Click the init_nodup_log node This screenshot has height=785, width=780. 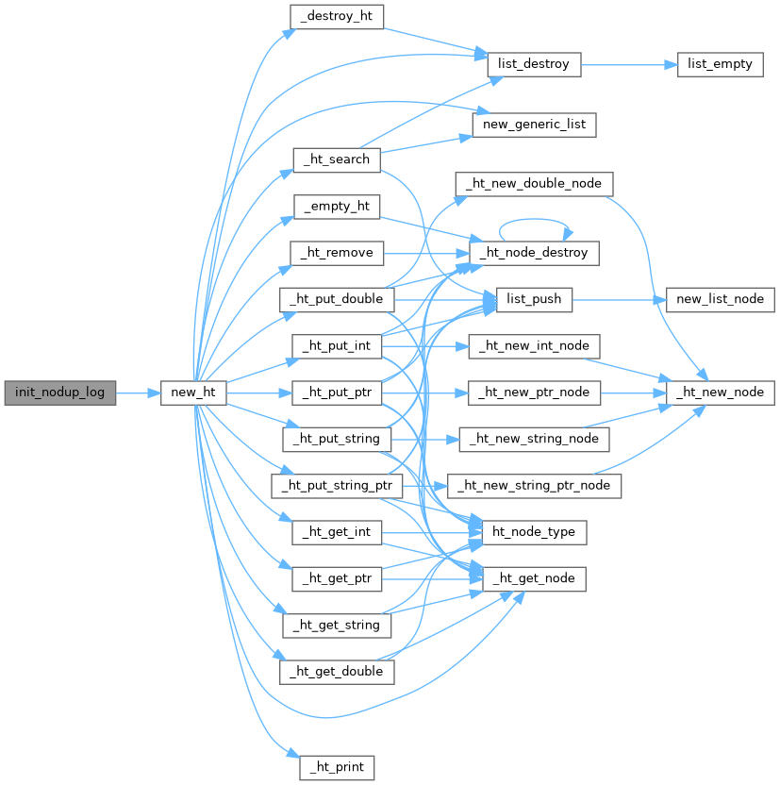59,392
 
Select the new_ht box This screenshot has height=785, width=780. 192,392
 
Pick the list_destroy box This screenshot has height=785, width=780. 533,66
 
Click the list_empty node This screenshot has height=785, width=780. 720,66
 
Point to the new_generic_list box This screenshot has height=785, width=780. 534,124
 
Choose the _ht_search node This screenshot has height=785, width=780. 336,159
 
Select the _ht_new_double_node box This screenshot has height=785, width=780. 534,182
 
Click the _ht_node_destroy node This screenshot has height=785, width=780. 534,252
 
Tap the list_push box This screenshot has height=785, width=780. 534,299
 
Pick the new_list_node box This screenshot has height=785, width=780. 721,299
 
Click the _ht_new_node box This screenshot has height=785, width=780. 721,392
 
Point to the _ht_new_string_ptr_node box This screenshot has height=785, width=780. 534,485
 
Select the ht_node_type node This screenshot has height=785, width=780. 534,532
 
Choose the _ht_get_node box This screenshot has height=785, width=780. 534,577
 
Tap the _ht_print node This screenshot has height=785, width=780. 337,766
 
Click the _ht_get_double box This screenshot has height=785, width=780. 337,671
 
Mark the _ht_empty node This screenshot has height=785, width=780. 337,206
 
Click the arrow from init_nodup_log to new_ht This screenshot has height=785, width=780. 138,392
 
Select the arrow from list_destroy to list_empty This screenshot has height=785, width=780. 628,66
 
